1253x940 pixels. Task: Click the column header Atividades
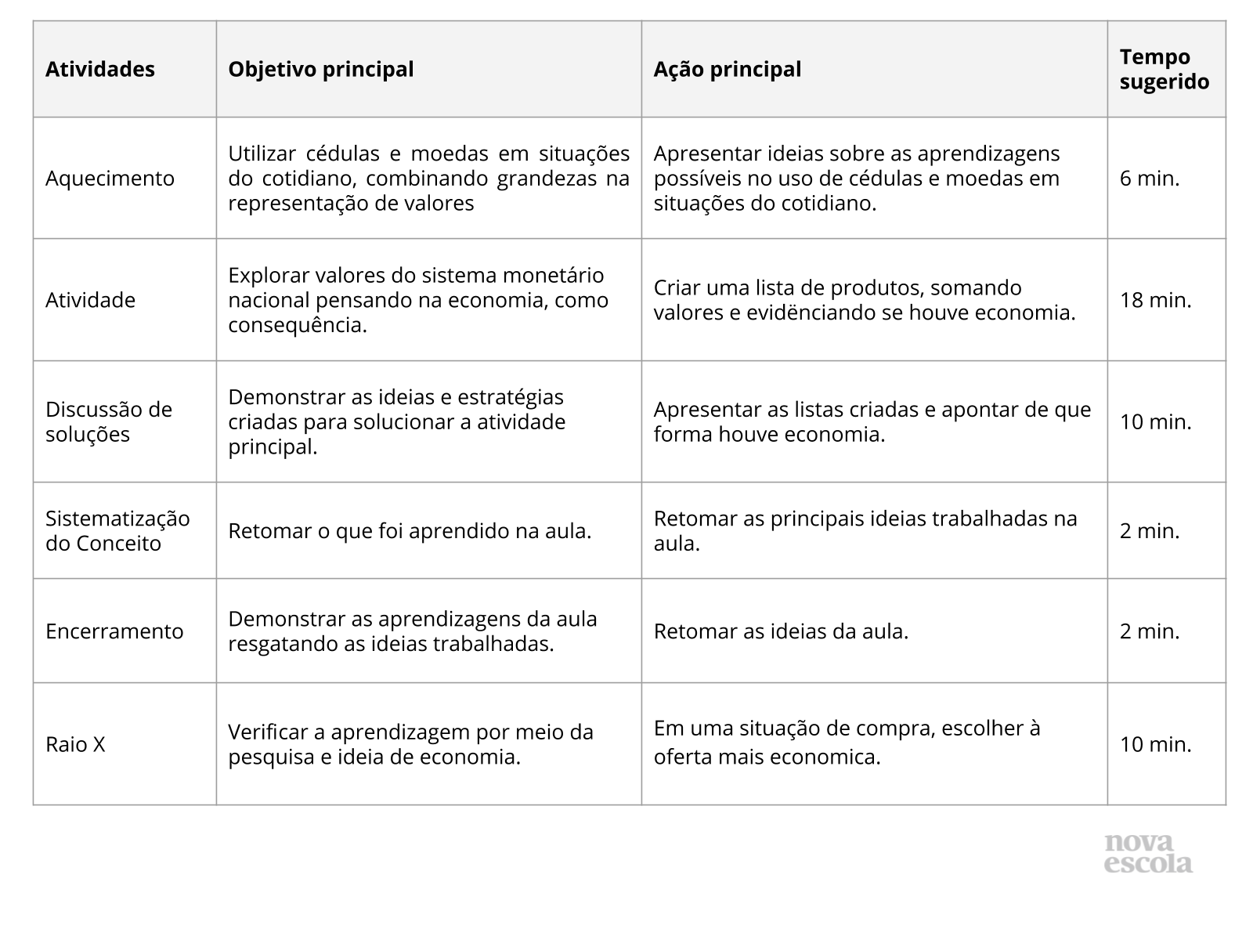[x=100, y=69]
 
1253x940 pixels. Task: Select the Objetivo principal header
[x=320, y=69]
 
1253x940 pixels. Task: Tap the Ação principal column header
[x=728, y=69]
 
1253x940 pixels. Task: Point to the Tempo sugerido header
[x=1164, y=69]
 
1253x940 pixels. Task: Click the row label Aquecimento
[x=110, y=179]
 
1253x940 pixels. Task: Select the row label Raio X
[x=75, y=744]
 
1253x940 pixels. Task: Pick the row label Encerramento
[x=114, y=631]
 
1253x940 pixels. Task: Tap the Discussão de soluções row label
[x=108, y=421]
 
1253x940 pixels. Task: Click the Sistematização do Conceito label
[x=117, y=531]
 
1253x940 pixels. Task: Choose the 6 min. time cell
[x=1149, y=179]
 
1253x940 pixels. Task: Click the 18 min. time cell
[x=1155, y=300]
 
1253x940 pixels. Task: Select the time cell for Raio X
[x=1155, y=744]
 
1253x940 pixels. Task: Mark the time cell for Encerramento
[x=1149, y=631]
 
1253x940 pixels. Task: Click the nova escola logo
[x=1148, y=853]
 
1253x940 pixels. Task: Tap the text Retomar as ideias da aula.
[x=781, y=631]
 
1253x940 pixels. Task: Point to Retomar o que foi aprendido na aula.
[x=410, y=531]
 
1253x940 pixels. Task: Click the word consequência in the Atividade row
[x=298, y=325]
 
